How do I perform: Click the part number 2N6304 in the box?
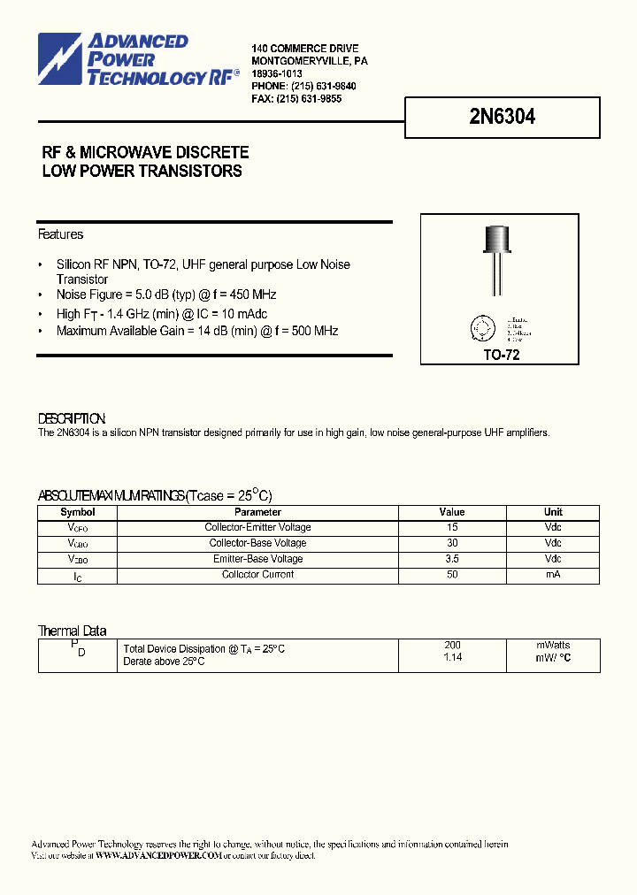pos(502,117)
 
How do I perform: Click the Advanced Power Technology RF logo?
pos(138,60)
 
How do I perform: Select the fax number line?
pos(296,99)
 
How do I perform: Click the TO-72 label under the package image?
pos(501,355)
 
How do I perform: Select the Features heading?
pos(60,234)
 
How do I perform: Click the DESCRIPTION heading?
pos(72,418)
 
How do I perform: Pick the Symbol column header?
pos(78,512)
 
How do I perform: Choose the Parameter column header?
pos(258,512)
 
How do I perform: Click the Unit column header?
pos(553,512)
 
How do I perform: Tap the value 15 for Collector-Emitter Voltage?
pos(452,527)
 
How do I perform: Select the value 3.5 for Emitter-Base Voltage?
pos(452,559)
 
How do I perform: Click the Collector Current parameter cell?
pos(258,575)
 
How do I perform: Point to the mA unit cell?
pos(553,575)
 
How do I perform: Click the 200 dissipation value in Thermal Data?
pos(452,646)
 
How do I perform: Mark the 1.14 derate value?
pos(452,658)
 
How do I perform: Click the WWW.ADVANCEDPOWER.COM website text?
pos(157,856)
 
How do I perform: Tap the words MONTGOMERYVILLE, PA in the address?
pos(310,61)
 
